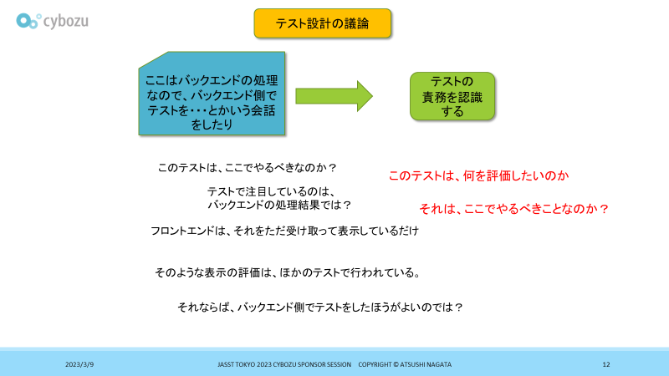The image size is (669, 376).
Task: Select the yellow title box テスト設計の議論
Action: [x=323, y=24]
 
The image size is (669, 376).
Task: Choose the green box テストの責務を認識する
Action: [x=452, y=95]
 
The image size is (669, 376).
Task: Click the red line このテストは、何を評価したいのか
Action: [x=478, y=175]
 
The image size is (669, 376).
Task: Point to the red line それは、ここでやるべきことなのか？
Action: [x=513, y=208]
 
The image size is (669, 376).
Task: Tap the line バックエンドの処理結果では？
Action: [x=278, y=205]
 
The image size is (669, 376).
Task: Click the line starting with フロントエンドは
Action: [x=284, y=231]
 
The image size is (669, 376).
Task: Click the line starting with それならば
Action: [x=320, y=307]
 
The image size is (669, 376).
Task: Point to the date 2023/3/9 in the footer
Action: [x=79, y=365]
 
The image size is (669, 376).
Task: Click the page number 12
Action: [x=606, y=365]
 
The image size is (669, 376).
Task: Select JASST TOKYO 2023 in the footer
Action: [x=245, y=365]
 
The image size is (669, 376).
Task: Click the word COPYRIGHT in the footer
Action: [x=376, y=365]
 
